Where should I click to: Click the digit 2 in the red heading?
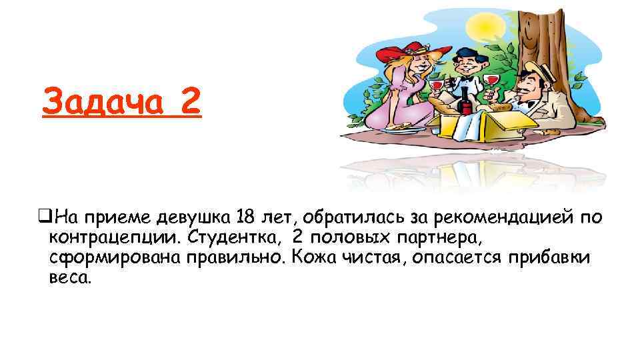(x=189, y=103)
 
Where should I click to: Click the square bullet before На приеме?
(x=47, y=217)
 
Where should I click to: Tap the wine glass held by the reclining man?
(x=492, y=82)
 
